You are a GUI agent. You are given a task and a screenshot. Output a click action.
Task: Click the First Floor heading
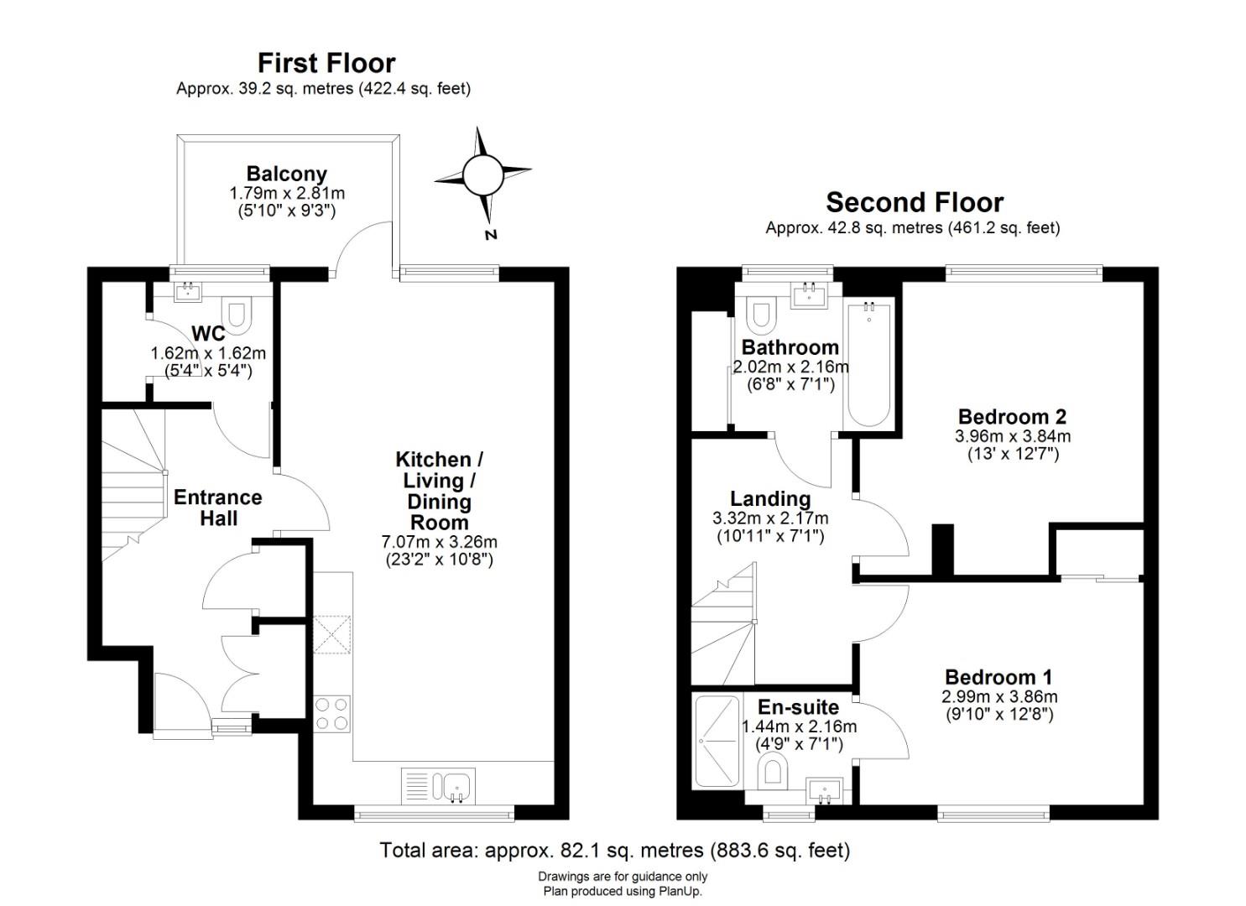tap(326, 63)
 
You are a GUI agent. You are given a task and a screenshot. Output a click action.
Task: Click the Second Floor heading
tap(915, 202)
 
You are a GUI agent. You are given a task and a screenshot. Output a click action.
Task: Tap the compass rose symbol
tap(482, 174)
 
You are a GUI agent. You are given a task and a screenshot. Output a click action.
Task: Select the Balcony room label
tap(286, 174)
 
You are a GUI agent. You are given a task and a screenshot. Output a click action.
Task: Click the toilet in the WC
tap(237, 315)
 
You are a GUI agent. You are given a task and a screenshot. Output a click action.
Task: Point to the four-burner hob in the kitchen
tap(331, 714)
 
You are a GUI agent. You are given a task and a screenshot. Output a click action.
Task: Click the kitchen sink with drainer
tap(438, 786)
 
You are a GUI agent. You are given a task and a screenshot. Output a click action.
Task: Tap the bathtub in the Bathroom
tap(868, 365)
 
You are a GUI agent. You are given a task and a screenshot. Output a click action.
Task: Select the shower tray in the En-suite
tap(717, 742)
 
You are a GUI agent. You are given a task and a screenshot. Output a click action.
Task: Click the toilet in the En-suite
tap(773, 770)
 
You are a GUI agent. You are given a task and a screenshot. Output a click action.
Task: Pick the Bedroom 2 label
tap(1012, 417)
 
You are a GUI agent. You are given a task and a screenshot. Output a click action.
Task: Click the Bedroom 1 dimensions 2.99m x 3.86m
tap(999, 697)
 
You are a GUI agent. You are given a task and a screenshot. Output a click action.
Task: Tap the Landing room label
tap(770, 498)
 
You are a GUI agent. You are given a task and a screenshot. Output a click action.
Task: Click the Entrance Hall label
tap(218, 508)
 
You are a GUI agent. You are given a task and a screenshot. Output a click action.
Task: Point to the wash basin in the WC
tap(188, 291)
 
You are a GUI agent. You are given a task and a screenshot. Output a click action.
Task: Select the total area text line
tap(615, 851)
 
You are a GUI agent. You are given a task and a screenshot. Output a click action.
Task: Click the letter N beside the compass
tap(490, 235)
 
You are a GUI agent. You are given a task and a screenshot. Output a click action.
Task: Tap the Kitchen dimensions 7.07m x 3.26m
tap(439, 541)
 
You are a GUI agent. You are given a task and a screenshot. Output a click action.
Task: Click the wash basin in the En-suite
tap(824, 791)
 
